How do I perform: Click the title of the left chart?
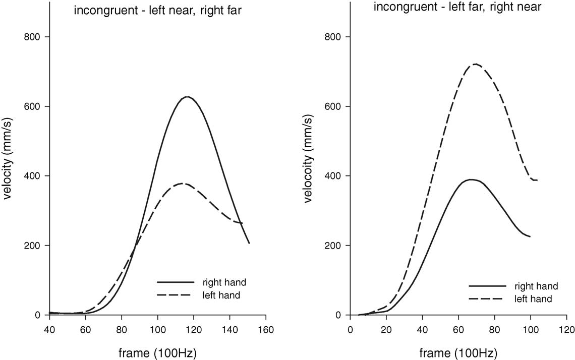coord(157,11)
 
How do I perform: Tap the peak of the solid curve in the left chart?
coord(187,97)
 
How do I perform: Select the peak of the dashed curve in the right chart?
coord(475,64)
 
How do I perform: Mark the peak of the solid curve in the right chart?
coord(471,179)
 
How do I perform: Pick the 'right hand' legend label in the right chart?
coord(536,286)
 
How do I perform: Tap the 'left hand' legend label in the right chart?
coord(533,299)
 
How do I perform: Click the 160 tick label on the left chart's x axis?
coord(266,330)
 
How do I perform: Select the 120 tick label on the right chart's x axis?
coord(566,330)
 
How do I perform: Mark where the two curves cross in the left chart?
coord(135,247)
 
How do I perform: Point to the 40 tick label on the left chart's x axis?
coord(49,330)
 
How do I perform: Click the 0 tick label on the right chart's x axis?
coord(350,330)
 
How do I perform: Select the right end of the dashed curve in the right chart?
coord(537,180)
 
